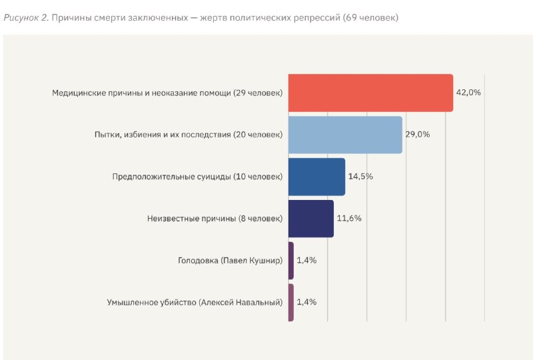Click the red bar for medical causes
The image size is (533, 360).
pyautogui.click(x=371, y=93)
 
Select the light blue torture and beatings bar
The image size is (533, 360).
pyautogui.click(x=345, y=135)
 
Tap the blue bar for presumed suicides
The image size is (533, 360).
pyautogui.click(x=317, y=177)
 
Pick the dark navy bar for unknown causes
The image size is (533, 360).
pyautogui.click(x=311, y=219)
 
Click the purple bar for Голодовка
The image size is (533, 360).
pyautogui.click(x=291, y=261)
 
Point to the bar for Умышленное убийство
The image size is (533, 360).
pyautogui.click(x=291, y=303)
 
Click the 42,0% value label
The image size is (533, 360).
pyautogui.click(x=468, y=93)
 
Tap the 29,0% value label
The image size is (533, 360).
pyautogui.click(x=418, y=135)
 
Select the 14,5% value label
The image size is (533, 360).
pyautogui.click(x=360, y=176)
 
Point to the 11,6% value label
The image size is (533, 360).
pyautogui.click(x=349, y=218)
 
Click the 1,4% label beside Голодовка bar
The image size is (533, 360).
pyautogui.click(x=306, y=260)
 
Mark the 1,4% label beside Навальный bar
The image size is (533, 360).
pyautogui.click(x=306, y=302)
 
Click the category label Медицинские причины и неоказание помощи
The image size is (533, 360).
pyautogui.click(x=141, y=93)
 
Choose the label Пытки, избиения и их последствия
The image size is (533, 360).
pyautogui.click(x=163, y=135)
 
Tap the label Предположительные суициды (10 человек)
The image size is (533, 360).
pyautogui.click(x=197, y=177)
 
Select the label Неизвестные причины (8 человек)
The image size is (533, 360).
pyautogui.click(x=215, y=219)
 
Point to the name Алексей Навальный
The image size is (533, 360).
pyautogui.click(x=241, y=303)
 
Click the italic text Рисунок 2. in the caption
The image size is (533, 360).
pyautogui.click(x=26, y=18)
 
